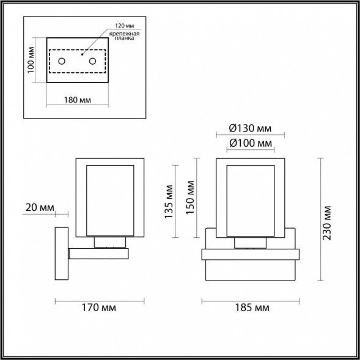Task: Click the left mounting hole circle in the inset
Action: pyautogui.click(x=62, y=61)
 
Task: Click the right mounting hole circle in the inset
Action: pyautogui.click(x=93, y=61)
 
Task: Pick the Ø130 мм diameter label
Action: pyautogui.click(x=250, y=128)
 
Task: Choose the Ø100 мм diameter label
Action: pyautogui.click(x=250, y=143)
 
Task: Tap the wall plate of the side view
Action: pyautogui.click(x=62, y=254)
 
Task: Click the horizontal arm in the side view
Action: pyautogui.click(x=98, y=253)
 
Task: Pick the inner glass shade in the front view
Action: pyautogui.click(x=251, y=200)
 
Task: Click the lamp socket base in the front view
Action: pyautogui.click(x=251, y=244)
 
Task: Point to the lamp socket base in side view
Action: pyautogui.click(x=110, y=243)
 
